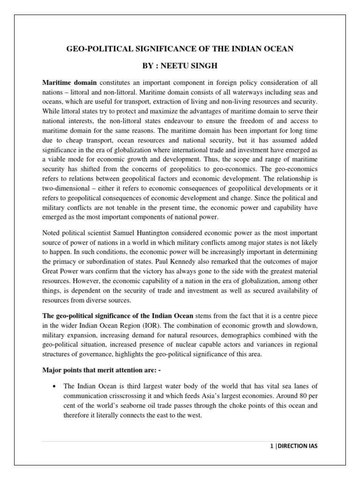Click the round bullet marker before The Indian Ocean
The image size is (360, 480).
(x=56, y=386)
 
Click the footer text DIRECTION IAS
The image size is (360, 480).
(x=295, y=446)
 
